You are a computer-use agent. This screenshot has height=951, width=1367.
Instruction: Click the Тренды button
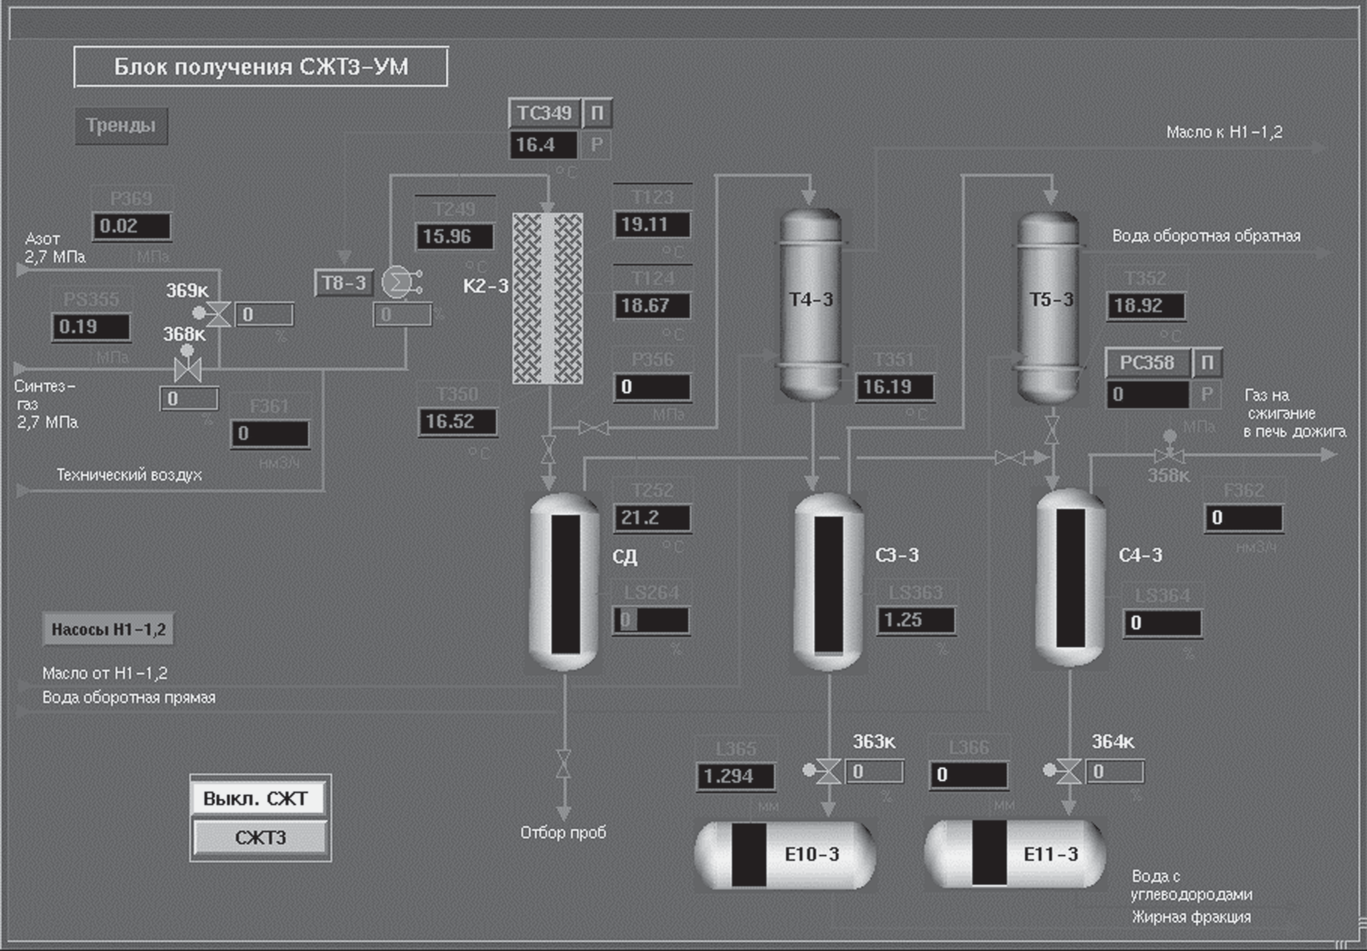pos(121,126)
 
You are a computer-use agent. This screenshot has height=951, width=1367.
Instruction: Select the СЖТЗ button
pos(260,837)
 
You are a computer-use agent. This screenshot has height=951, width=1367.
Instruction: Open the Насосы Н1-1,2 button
pos(108,630)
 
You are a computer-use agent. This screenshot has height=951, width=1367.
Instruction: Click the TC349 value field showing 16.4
pos(542,145)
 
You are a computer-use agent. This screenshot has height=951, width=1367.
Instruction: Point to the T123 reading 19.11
pos(652,225)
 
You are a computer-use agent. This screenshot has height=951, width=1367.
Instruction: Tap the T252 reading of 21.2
pos(652,518)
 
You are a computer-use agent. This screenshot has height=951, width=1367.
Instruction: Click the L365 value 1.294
pos(735,776)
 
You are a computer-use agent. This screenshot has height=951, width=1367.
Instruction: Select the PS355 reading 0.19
pos(91,327)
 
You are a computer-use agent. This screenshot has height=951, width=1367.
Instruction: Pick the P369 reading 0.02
pos(131,226)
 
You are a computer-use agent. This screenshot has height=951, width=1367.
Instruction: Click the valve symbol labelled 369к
pos(218,313)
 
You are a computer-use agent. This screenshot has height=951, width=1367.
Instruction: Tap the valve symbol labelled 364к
pos(1068,772)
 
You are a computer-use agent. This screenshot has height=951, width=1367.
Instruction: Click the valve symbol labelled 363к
pos(829,772)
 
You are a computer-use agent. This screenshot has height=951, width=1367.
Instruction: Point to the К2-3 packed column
pos(548,299)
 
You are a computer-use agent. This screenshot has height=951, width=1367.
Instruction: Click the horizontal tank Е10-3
pos(785,855)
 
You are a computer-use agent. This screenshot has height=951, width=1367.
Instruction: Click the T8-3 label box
pos(344,283)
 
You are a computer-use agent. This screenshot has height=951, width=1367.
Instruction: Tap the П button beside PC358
pos(1207,363)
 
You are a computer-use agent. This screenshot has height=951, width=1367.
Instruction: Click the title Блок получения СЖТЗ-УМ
pos(260,66)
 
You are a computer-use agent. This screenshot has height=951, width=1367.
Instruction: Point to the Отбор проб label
pos(563,832)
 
